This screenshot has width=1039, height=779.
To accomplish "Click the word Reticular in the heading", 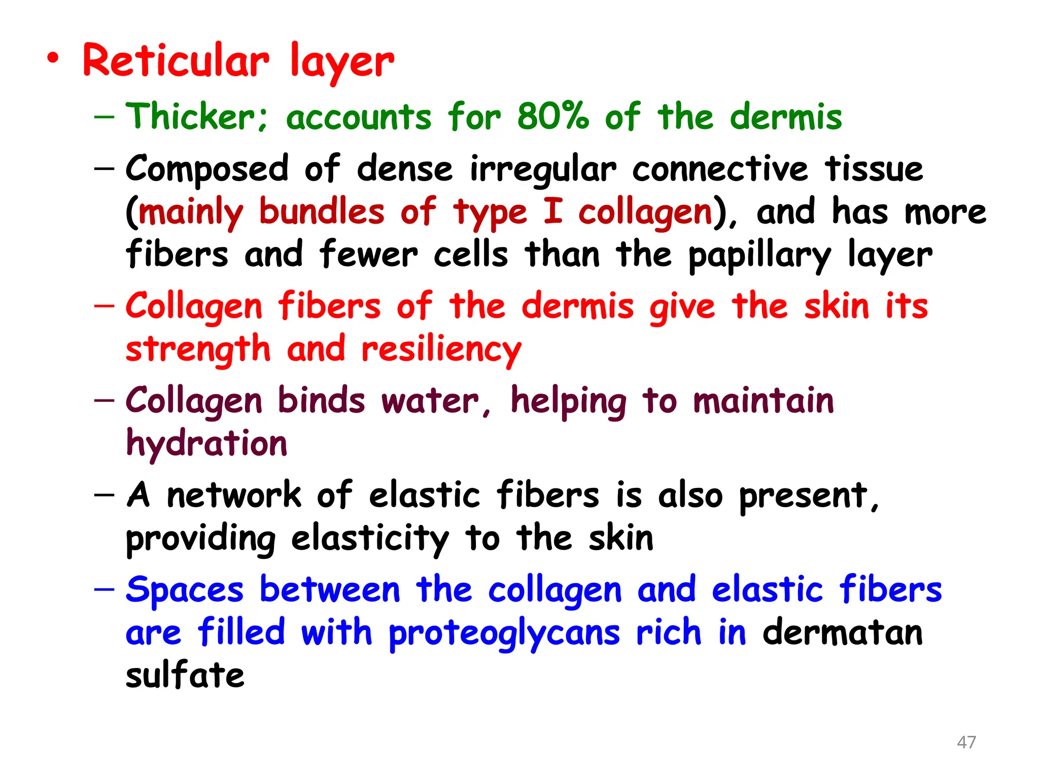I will pos(176,61).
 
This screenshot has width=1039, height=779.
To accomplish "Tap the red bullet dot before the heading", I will pos(53,59).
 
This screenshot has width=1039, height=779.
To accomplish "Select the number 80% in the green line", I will pos(552,117).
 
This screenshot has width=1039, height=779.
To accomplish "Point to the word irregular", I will pos(543,170).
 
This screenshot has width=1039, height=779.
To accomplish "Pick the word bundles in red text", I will pos(322,211).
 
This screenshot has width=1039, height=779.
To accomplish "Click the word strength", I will pos(198,350).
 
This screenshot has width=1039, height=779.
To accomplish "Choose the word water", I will pos(430,401).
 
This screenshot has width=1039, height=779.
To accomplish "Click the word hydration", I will pos(206,444).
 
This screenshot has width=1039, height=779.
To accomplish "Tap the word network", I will pos(234,495).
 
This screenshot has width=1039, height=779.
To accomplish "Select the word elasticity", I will pos(370,539).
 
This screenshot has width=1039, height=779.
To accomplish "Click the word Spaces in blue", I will pos(185,590).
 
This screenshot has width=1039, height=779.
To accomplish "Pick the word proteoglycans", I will pos(504,634).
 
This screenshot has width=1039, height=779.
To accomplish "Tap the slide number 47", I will pos(966,742).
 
